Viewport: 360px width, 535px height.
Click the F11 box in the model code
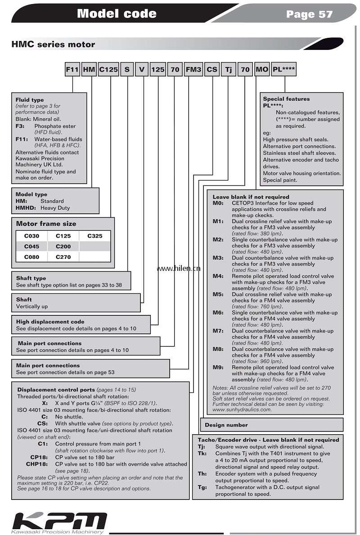pos(72,70)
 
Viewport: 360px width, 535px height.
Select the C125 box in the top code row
pos(108,70)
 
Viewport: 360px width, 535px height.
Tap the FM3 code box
pos(193,70)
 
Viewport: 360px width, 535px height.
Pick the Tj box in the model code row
pos(229,70)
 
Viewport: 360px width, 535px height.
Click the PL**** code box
pos(284,70)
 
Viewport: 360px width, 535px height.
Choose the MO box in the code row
pos(262,70)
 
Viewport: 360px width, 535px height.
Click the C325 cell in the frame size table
pos(95,235)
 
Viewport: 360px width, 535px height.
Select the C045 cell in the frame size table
pos(32,247)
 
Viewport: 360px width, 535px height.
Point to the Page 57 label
pos(309,14)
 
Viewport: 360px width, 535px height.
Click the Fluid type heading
pos(30,99)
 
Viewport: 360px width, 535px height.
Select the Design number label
pos(226,425)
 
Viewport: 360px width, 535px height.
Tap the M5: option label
pos(218,294)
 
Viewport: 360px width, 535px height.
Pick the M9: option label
pos(218,367)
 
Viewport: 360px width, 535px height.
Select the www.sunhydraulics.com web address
pos(242,409)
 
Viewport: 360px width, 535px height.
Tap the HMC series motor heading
pos(53,44)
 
